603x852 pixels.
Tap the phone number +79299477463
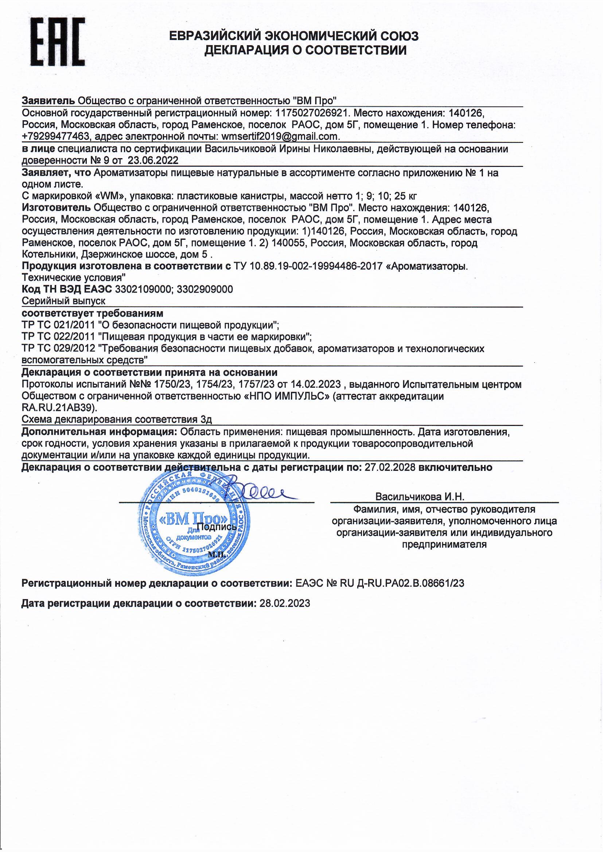[x=56, y=137]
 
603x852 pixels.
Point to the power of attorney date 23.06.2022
[x=153, y=160]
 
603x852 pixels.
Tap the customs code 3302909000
[x=205, y=289]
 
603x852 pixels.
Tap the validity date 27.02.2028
[x=389, y=467]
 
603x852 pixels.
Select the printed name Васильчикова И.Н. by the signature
[x=420, y=497]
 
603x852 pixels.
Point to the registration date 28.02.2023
[x=284, y=603]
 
